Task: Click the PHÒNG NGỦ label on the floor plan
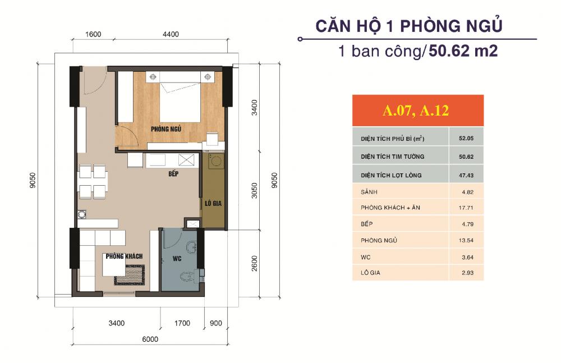[x=165, y=129]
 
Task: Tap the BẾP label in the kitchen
[x=173, y=174]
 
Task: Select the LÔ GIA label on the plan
[x=214, y=203]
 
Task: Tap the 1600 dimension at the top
[x=93, y=34]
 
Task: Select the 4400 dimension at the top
[x=171, y=34]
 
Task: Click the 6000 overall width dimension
[x=150, y=339]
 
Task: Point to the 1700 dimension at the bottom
[x=182, y=323]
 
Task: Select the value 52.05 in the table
[x=466, y=137]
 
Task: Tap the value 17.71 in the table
[x=466, y=208]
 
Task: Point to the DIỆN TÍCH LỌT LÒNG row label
[x=392, y=175]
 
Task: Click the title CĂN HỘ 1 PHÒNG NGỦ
[x=408, y=26]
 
